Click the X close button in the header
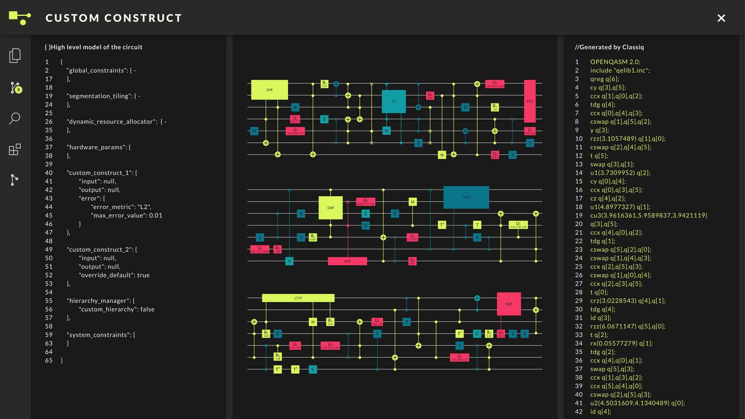721,18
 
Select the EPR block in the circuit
269,90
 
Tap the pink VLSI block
530,101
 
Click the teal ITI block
394,101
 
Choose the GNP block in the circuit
331,207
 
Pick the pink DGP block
347,261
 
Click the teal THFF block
466,197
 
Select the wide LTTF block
298,298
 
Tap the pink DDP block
509,304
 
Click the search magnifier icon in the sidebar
15,118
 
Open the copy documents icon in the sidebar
15,56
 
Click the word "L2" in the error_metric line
144,207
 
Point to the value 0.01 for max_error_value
155,216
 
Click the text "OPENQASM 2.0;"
615,62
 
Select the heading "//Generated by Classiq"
609,47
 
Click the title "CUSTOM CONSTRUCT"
114,18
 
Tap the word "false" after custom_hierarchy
147,310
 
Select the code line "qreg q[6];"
604,79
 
